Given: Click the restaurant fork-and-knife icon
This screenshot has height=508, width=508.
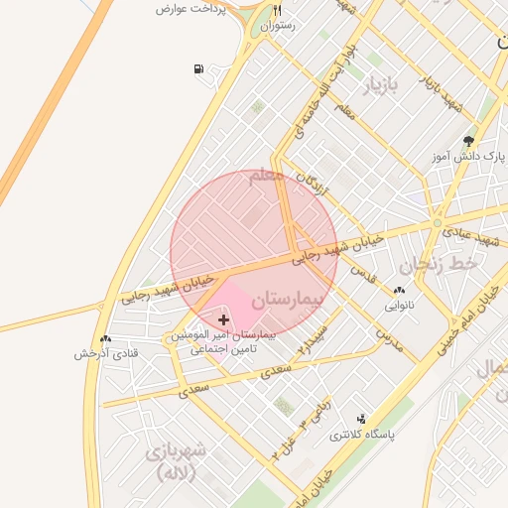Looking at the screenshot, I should tap(278, 11).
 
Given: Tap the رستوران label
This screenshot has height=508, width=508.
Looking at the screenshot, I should tap(279, 27).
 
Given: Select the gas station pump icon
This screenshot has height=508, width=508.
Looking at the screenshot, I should tap(198, 69).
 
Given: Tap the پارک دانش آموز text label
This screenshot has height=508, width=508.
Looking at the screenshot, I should tap(469, 157).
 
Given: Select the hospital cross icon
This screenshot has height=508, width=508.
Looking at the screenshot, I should tap(222, 319).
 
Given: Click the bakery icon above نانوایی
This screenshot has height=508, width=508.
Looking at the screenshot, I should tap(399, 290).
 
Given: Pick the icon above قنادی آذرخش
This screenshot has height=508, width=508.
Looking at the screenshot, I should tap(106, 339).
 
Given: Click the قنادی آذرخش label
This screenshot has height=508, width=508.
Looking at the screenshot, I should tap(106, 354).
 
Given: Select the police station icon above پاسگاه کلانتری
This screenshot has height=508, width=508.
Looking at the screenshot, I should tap(361, 420).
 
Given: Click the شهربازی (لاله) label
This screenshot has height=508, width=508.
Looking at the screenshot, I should tap(176, 462).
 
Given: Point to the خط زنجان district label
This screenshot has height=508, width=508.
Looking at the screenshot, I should tap(439, 265).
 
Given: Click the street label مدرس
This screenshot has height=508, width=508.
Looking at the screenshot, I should tap(389, 336).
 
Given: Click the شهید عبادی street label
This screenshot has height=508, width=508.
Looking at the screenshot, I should tap(470, 236).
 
